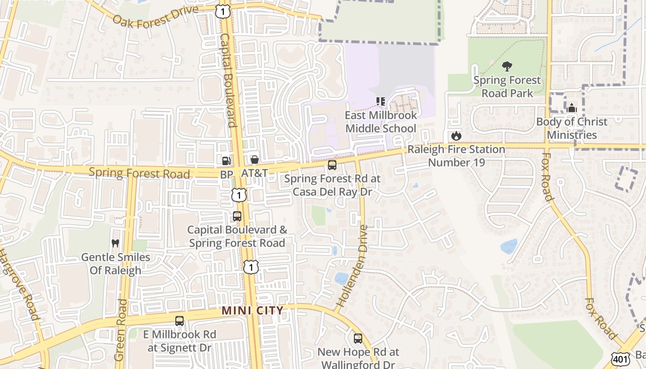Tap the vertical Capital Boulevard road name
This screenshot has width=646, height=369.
pos(228,80)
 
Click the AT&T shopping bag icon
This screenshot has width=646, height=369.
pos(254,160)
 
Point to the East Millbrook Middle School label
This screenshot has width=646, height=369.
pos(381,122)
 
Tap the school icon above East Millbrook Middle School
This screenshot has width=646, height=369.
pos(381,101)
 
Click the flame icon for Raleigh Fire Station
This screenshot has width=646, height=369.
pos(456,136)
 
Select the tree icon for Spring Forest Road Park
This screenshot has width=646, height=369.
pos(507,66)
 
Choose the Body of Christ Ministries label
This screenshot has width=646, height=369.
pos(572,128)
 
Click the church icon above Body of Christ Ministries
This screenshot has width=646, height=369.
pos(572,108)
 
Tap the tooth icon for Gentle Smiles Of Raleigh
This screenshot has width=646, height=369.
pos(115,243)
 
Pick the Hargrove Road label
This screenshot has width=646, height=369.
pos(18,286)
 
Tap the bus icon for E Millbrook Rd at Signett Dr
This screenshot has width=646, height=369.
pos(179,321)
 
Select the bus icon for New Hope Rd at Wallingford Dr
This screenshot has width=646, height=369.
pos(358,339)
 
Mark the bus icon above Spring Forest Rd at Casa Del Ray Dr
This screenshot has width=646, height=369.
pos(332,165)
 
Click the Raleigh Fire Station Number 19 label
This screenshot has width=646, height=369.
pos(456,156)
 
